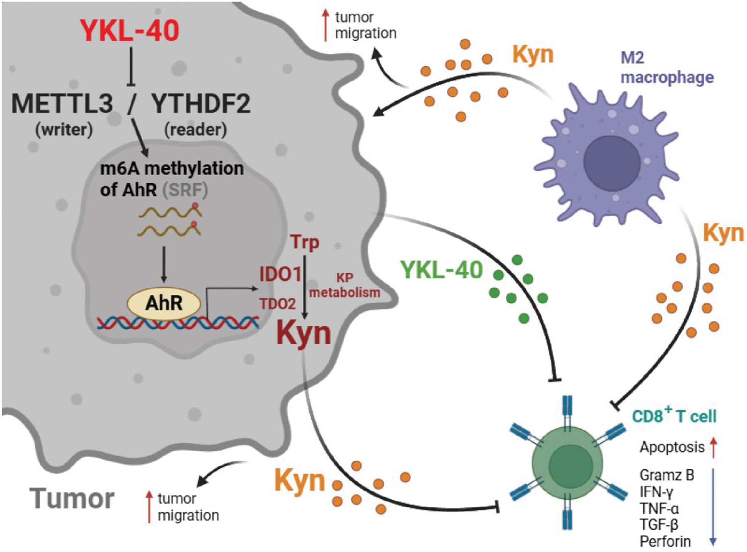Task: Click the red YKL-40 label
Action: pyautogui.click(x=130, y=30)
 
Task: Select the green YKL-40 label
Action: pyautogui.click(x=441, y=270)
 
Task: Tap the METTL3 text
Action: pyautogui.click(x=62, y=104)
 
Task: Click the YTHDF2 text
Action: pyautogui.click(x=200, y=104)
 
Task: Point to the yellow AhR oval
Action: pyautogui.click(x=164, y=303)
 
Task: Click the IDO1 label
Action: pyautogui.click(x=280, y=275)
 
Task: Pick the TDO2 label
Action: pyautogui.click(x=277, y=304)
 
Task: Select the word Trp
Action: pyautogui.click(x=304, y=242)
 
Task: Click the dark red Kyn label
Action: pyautogui.click(x=304, y=334)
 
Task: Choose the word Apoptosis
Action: pyautogui.click(x=672, y=447)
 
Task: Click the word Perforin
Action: pyautogui.click(x=665, y=542)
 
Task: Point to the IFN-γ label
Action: pyautogui.click(x=656, y=492)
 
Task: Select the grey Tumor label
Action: pyautogui.click(x=72, y=499)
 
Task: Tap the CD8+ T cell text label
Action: pyautogui.click(x=674, y=416)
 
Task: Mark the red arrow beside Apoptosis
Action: pyautogui.click(x=714, y=447)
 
